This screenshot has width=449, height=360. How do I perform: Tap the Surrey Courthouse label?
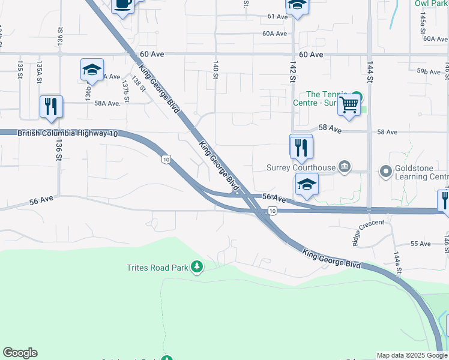tap(301, 167)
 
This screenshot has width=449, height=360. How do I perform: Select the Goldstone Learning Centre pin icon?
tap(385, 173)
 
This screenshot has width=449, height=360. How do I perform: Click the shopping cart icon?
tap(349, 105)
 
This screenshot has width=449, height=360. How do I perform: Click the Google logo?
tap(20, 353)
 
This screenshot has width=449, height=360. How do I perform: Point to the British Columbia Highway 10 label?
tap(68, 133)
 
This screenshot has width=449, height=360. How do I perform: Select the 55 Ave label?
tap(421, 244)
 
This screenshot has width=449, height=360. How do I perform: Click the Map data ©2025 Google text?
tap(412, 355)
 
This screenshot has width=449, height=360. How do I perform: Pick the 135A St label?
tap(40, 71)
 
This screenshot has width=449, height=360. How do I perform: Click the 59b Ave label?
tap(428, 71)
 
